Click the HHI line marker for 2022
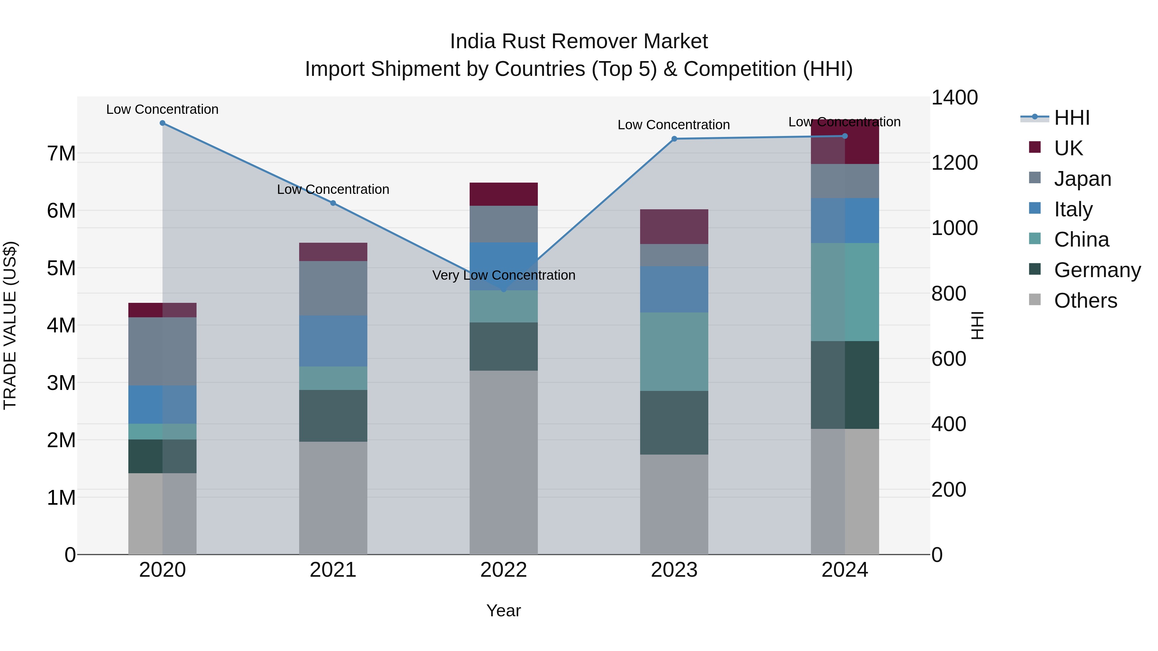[503, 290]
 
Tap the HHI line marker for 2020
[162, 123]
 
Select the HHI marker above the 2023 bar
[674, 139]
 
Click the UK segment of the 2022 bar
[503, 194]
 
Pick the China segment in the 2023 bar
[674, 351]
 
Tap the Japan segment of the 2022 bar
[503, 224]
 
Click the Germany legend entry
[1097, 270]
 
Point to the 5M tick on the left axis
[61, 268]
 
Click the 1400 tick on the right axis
[954, 97]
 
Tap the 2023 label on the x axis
[674, 570]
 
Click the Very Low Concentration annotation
[503, 275]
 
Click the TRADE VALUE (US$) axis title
[10, 325]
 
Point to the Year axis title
[503, 610]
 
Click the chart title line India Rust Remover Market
[579, 41]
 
